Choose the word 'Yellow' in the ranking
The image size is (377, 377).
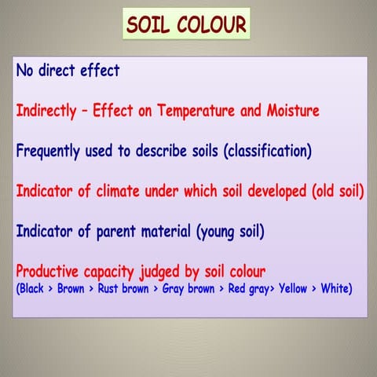[291, 289]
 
